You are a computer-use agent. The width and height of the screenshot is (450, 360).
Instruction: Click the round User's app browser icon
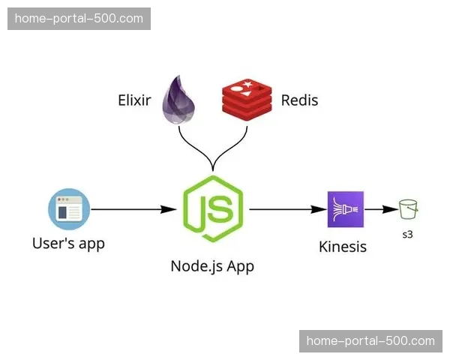tap(68, 209)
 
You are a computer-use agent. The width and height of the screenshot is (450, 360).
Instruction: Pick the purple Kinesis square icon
tap(345, 209)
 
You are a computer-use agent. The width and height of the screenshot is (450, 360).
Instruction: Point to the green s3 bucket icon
tap(408, 209)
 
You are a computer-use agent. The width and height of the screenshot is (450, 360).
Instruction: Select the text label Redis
tap(299, 100)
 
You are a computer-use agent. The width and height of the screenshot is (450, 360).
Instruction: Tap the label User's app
tap(68, 243)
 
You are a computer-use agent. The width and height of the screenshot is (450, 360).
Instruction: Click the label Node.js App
tap(212, 266)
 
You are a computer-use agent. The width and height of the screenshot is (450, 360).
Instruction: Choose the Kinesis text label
tap(343, 246)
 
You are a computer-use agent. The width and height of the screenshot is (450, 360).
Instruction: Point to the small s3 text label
tap(408, 235)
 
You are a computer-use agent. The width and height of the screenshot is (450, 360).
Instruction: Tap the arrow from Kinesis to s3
tap(380, 209)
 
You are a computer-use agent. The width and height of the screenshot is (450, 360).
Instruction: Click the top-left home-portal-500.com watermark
tap(79, 19)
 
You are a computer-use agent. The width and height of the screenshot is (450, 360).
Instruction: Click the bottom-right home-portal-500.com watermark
tap(370, 341)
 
